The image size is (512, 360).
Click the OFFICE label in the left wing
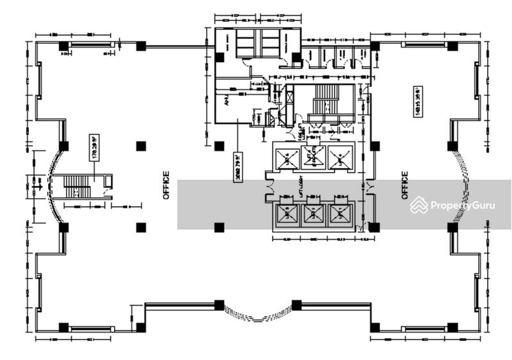(166, 185)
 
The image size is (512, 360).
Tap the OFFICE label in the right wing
(405, 185)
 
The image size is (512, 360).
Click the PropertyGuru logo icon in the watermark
(419, 205)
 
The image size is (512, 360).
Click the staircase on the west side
(77, 187)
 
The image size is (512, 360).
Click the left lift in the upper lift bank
(285, 157)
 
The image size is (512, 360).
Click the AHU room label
(226, 101)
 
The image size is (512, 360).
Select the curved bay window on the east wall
(462, 186)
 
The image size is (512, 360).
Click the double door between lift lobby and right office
(369, 186)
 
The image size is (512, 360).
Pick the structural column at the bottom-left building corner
(63, 327)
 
